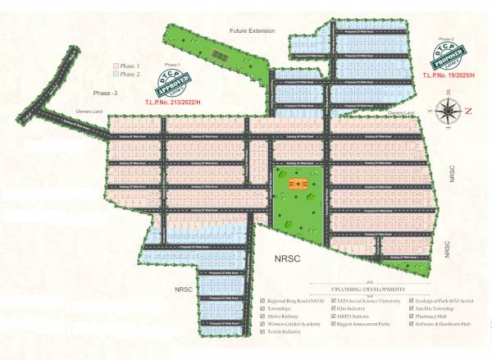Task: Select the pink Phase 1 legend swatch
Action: (116, 64)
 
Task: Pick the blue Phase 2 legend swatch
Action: (116, 73)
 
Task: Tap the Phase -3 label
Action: (105, 93)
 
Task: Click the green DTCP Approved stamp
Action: (173, 85)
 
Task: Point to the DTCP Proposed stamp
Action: (449, 58)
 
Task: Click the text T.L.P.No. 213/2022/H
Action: (173, 103)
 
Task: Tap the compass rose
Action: (449, 109)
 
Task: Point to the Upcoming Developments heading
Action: (367, 290)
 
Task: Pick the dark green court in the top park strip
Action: (219, 55)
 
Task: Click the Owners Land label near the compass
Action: (403, 112)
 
